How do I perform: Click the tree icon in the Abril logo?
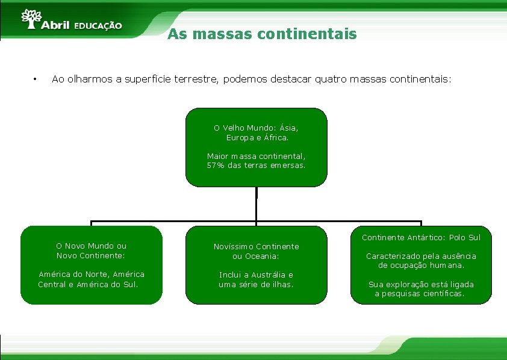click(x=31, y=18)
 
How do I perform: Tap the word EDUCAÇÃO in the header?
click(x=98, y=26)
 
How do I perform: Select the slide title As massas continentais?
click(x=262, y=34)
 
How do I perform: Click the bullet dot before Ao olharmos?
click(x=36, y=79)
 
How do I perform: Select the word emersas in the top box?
click(x=288, y=166)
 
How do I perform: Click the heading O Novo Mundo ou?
click(x=91, y=246)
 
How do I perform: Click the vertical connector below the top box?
click(x=257, y=205)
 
